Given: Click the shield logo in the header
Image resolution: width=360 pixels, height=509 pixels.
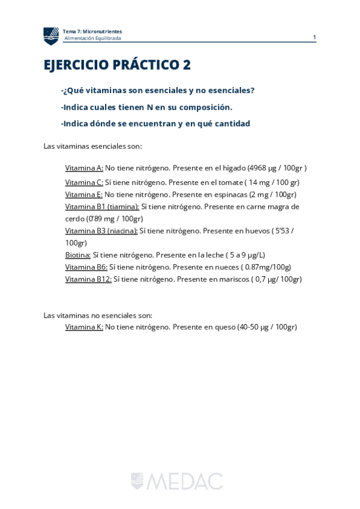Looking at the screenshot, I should coord(51,36).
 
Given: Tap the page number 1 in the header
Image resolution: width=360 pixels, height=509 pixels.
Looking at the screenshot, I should coord(314,37).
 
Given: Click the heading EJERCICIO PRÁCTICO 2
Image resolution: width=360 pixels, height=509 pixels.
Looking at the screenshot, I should coord(117,65).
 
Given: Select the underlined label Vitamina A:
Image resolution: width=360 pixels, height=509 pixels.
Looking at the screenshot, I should coord(84,168).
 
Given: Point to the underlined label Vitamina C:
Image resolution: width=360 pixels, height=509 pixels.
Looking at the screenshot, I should coord(84,182).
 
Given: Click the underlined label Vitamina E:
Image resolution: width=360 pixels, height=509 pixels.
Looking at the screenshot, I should coord(84,194).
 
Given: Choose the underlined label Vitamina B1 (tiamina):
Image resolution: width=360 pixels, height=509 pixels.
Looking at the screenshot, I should coord(102,206).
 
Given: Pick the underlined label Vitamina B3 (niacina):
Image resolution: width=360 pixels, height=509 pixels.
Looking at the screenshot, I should coord(101,230).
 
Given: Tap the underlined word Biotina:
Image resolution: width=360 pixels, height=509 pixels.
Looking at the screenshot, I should coord(78,255).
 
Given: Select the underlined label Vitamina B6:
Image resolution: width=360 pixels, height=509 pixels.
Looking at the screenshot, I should coord(86,267).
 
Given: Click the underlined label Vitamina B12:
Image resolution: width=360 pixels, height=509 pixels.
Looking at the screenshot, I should coord(88,279).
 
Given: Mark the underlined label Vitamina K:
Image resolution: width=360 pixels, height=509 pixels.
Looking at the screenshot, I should coord(84,327).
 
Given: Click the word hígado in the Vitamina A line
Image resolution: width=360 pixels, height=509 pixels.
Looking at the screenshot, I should coord(234,168).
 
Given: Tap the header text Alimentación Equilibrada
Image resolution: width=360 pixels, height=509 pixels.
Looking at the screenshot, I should coord(92,38).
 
